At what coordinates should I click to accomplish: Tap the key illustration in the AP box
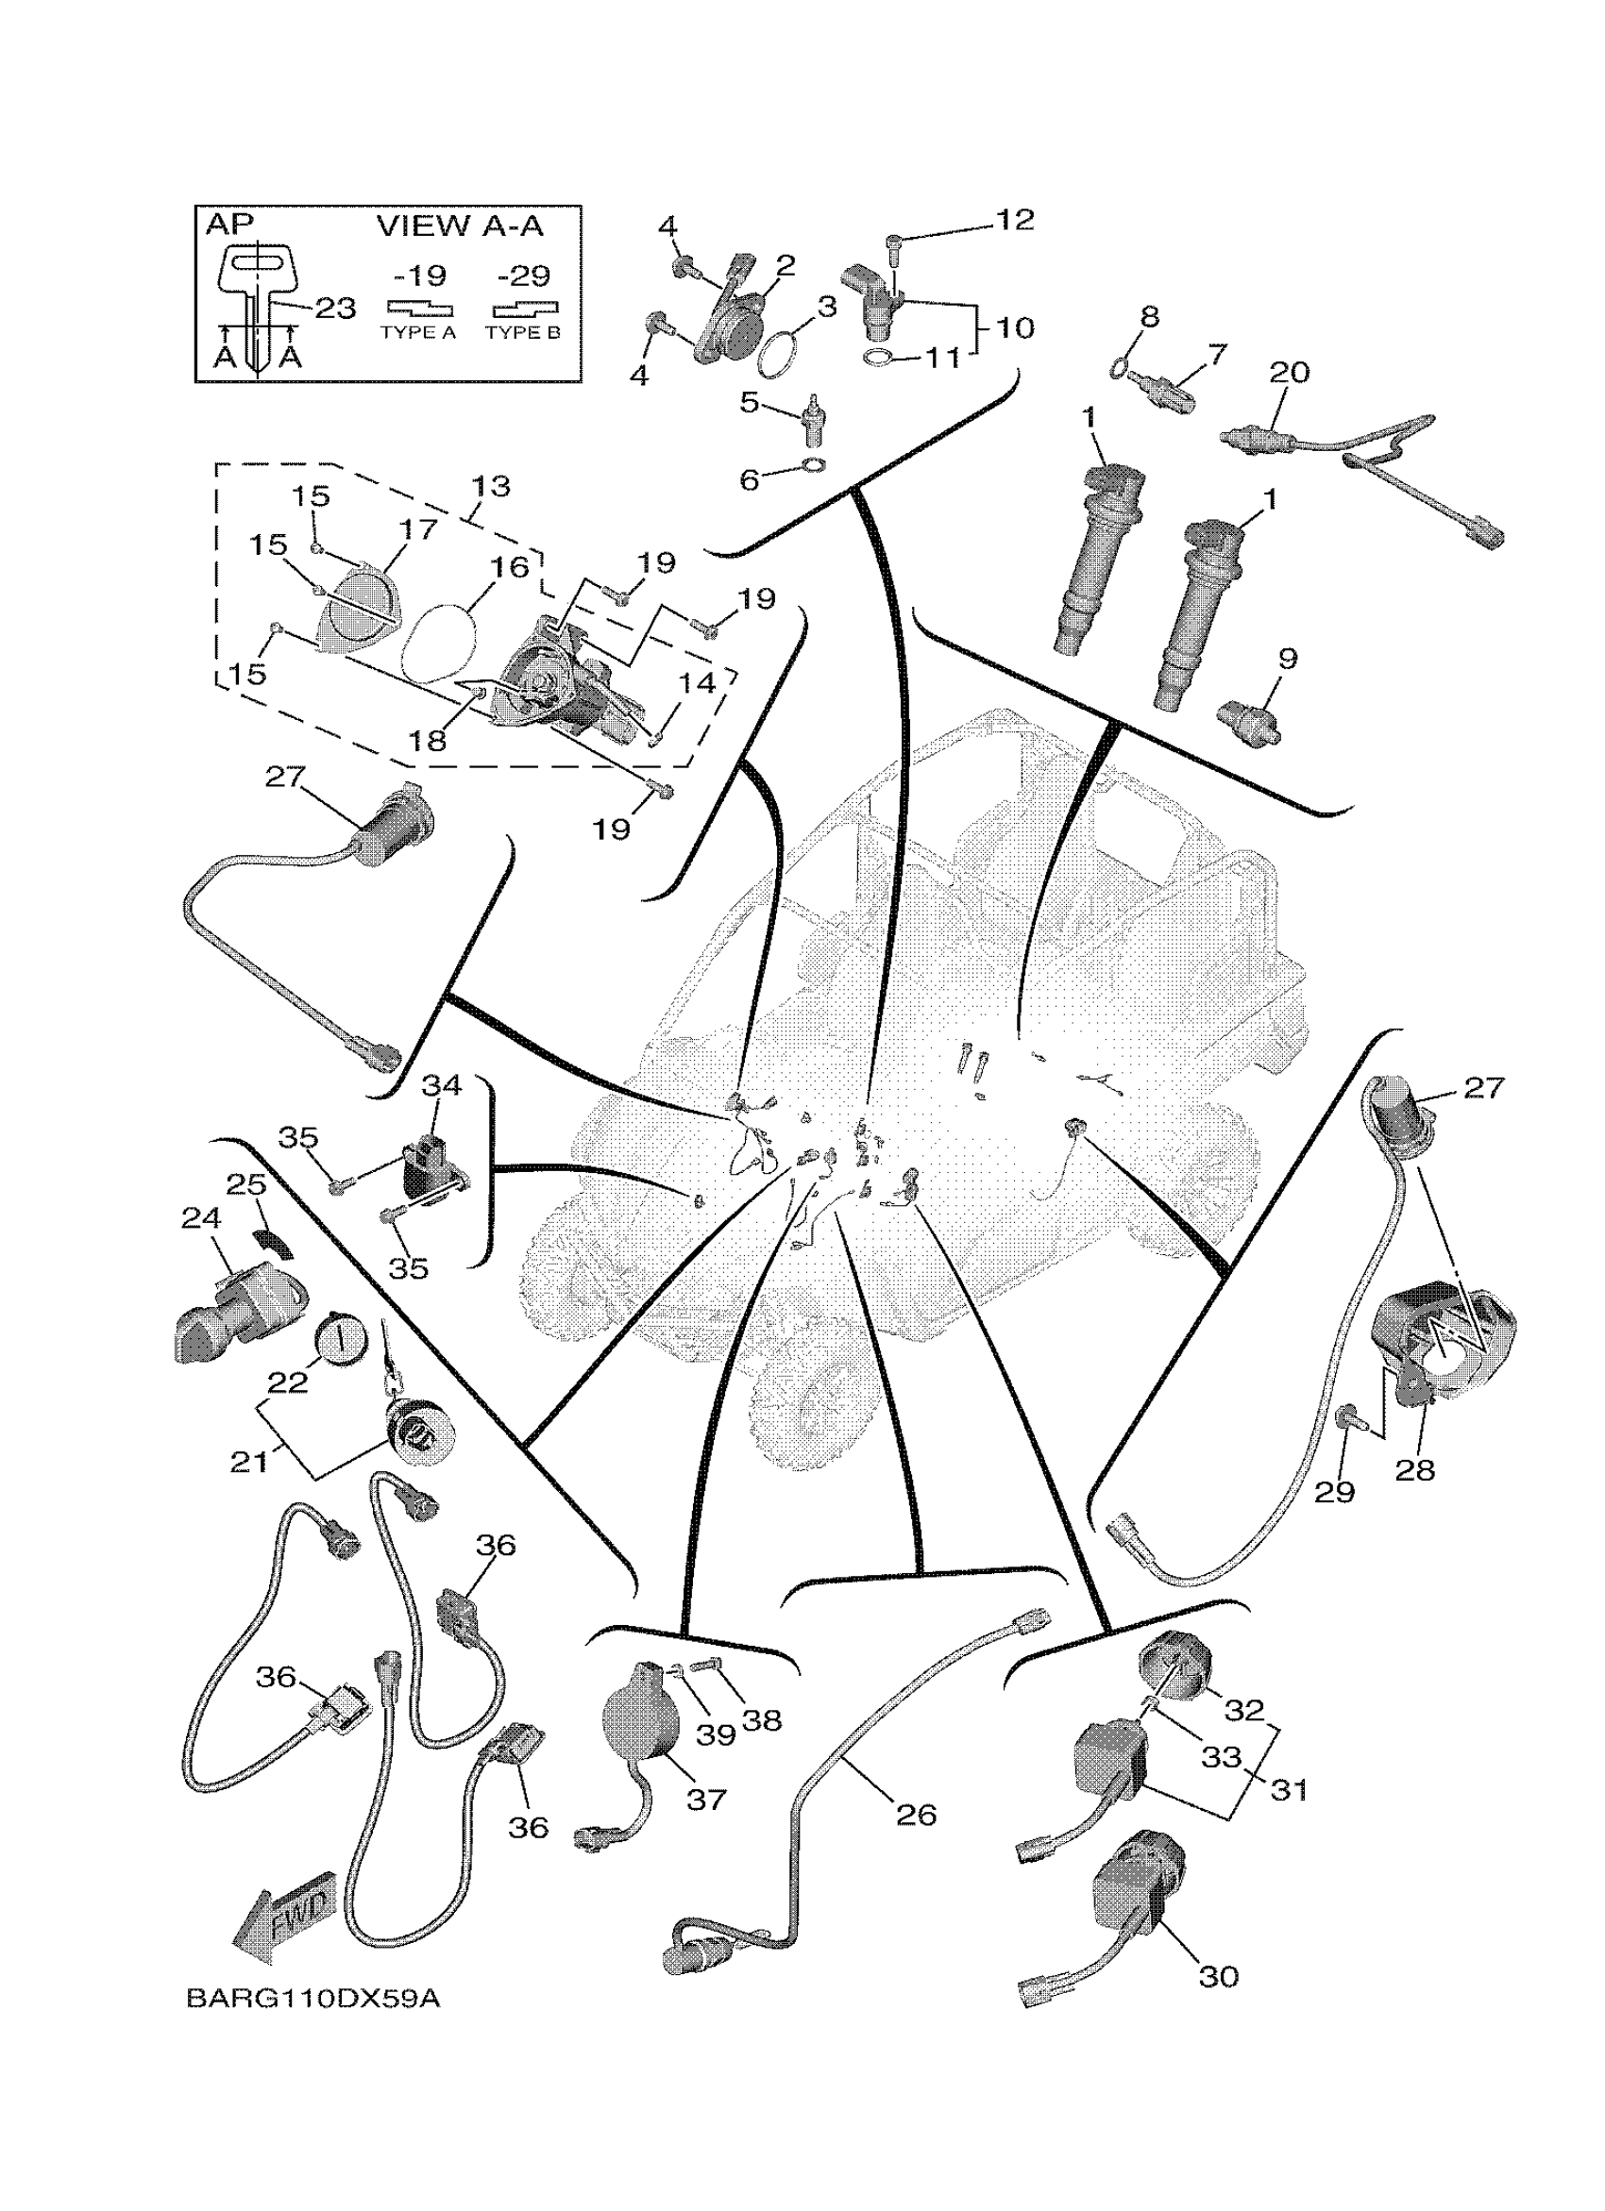pyautogui.click(x=254, y=302)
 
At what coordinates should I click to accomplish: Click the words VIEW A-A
pyautogui.click(x=459, y=226)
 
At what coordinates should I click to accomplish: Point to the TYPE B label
pyautogui.click(x=523, y=332)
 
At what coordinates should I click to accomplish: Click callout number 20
pyautogui.click(x=1289, y=373)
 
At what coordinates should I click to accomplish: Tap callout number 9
pyautogui.click(x=1287, y=659)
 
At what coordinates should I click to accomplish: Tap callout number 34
pyautogui.click(x=441, y=1085)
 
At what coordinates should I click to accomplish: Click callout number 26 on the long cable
pyautogui.click(x=916, y=1815)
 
